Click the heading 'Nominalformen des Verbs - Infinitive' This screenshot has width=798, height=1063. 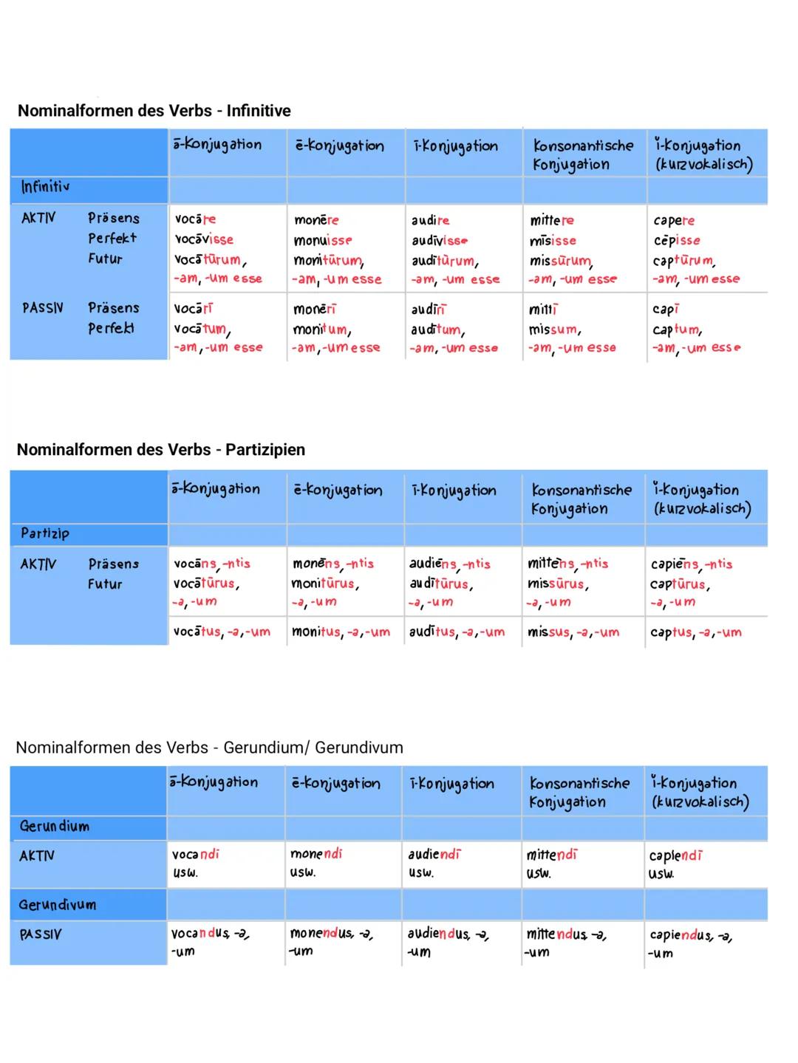(x=154, y=111)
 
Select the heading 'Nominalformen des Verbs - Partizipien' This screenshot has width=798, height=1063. (x=160, y=450)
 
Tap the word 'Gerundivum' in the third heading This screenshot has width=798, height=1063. (x=359, y=748)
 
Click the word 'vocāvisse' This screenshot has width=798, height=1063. (x=204, y=239)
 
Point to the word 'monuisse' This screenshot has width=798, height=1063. (x=323, y=240)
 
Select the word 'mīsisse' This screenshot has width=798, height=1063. (x=553, y=240)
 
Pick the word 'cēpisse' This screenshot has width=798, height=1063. (x=677, y=240)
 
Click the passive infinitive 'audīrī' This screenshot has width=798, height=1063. (x=429, y=310)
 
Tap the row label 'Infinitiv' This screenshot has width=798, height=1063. (x=45, y=187)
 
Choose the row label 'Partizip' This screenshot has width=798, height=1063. (x=45, y=533)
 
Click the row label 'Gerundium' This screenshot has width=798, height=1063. (x=54, y=826)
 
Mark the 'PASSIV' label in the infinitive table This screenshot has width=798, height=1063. (x=43, y=308)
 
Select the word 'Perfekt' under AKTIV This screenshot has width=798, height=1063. (x=112, y=239)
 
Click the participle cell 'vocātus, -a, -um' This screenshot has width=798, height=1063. (x=222, y=632)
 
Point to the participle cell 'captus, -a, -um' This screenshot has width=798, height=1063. (x=696, y=632)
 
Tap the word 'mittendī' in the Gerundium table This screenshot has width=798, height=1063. (x=551, y=855)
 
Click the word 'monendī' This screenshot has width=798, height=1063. (x=316, y=854)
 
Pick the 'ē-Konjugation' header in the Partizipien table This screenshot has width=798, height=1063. (x=338, y=491)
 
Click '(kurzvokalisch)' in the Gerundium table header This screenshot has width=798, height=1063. (x=699, y=802)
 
